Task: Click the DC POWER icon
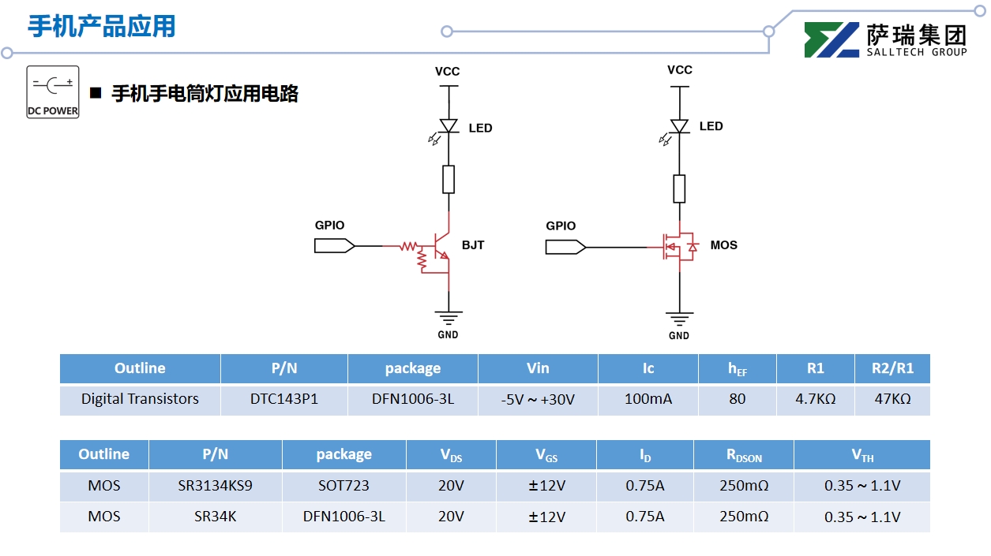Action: (x=53, y=91)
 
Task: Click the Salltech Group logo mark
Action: (x=831, y=40)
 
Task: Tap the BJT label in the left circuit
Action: (x=472, y=245)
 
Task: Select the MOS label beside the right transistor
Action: (x=723, y=245)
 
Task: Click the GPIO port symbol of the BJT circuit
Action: (x=334, y=246)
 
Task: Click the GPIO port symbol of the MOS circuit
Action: (x=565, y=248)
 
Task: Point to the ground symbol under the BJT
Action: (x=449, y=318)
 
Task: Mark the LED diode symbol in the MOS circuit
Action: (x=679, y=126)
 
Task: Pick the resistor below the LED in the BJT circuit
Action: (x=449, y=179)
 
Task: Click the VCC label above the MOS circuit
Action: (x=679, y=70)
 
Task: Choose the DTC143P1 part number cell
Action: (x=284, y=399)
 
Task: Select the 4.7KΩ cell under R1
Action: (x=816, y=399)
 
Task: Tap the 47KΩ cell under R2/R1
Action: (x=892, y=399)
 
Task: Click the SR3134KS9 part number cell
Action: (x=216, y=486)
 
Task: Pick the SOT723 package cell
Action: (x=343, y=486)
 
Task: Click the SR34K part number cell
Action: (x=216, y=517)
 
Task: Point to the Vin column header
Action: (x=538, y=368)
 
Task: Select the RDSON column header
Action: (x=744, y=455)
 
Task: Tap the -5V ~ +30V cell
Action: (x=538, y=400)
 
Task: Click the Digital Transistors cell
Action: (x=140, y=399)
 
